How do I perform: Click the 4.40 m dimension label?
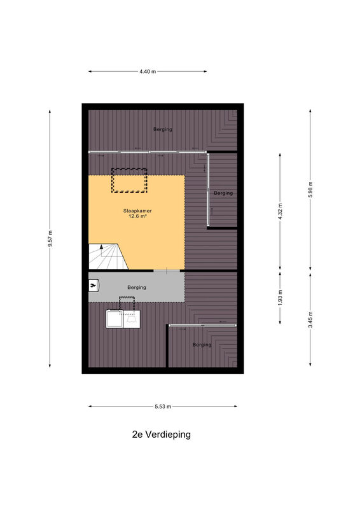click(148, 71)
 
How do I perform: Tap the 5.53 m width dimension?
click(163, 406)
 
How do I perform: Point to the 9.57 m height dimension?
click(50, 239)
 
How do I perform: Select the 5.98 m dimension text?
click(310, 190)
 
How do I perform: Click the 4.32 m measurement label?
click(280, 212)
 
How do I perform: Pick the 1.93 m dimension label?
click(280, 297)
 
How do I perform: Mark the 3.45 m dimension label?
click(310, 319)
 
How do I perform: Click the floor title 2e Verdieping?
click(162, 435)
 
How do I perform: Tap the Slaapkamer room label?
click(137, 211)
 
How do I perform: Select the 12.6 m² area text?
click(137, 216)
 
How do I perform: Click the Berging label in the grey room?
click(137, 288)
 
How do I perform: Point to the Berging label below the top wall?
click(163, 129)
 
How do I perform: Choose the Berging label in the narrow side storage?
click(223, 193)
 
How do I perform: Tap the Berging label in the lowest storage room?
click(202, 344)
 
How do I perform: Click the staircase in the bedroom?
click(108, 256)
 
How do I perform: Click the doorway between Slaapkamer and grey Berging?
click(167, 270)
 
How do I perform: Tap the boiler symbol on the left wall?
click(93, 286)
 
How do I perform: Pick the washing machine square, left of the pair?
click(114, 319)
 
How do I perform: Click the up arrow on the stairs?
click(102, 250)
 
